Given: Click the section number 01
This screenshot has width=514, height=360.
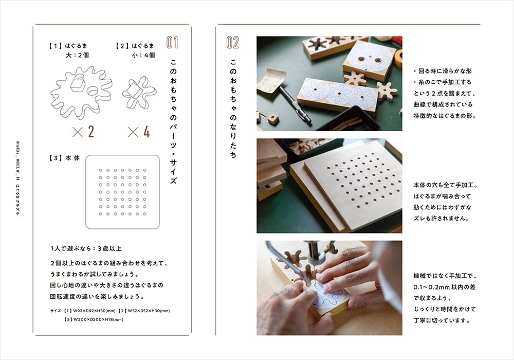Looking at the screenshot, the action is pyautogui.click(x=172, y=42).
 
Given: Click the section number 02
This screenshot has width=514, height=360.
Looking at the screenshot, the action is pyautogui.click(x=232, y=43).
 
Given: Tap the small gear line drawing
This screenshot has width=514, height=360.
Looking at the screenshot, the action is pyautogui.click(x=139, y=93).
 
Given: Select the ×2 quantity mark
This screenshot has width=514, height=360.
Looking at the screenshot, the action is pyautogui.click(x=83, y=132).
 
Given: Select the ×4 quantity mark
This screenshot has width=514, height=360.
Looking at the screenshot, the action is pyautogui.click(x=139, y=132).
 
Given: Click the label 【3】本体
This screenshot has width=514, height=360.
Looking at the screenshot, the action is pyautogui.click(x=64, y=158).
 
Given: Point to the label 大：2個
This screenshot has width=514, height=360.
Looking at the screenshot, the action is pyautogui.click(x=78, y=55).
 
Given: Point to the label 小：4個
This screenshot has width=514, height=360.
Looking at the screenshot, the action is pyautogui.click(x=143, y=55).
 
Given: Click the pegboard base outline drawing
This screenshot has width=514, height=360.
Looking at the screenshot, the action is pyautogui.click(x=86, y=192).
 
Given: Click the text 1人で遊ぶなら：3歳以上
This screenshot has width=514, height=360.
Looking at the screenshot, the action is pyautogui.click(x=86, y=248).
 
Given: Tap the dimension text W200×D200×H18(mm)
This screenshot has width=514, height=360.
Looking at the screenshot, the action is pyautogui.click(x=94, y=319).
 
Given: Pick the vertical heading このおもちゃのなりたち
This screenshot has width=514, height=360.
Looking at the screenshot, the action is pyautogui.click(x=233, y=109).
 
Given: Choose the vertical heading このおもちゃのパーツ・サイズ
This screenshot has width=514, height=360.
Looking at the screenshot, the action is pyautogui.click(x=173, y=121).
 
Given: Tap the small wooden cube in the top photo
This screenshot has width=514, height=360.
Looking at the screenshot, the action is pyautogui.click(x=273, y=118).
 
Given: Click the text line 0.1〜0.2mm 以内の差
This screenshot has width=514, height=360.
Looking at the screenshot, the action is pyautogui.click(x=444, y=287).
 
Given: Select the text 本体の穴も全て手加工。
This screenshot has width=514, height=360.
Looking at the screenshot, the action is pyautogui.click(x=446, y=185).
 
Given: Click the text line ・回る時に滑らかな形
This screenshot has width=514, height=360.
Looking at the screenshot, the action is pyautogui.click(x=443, y=71).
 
